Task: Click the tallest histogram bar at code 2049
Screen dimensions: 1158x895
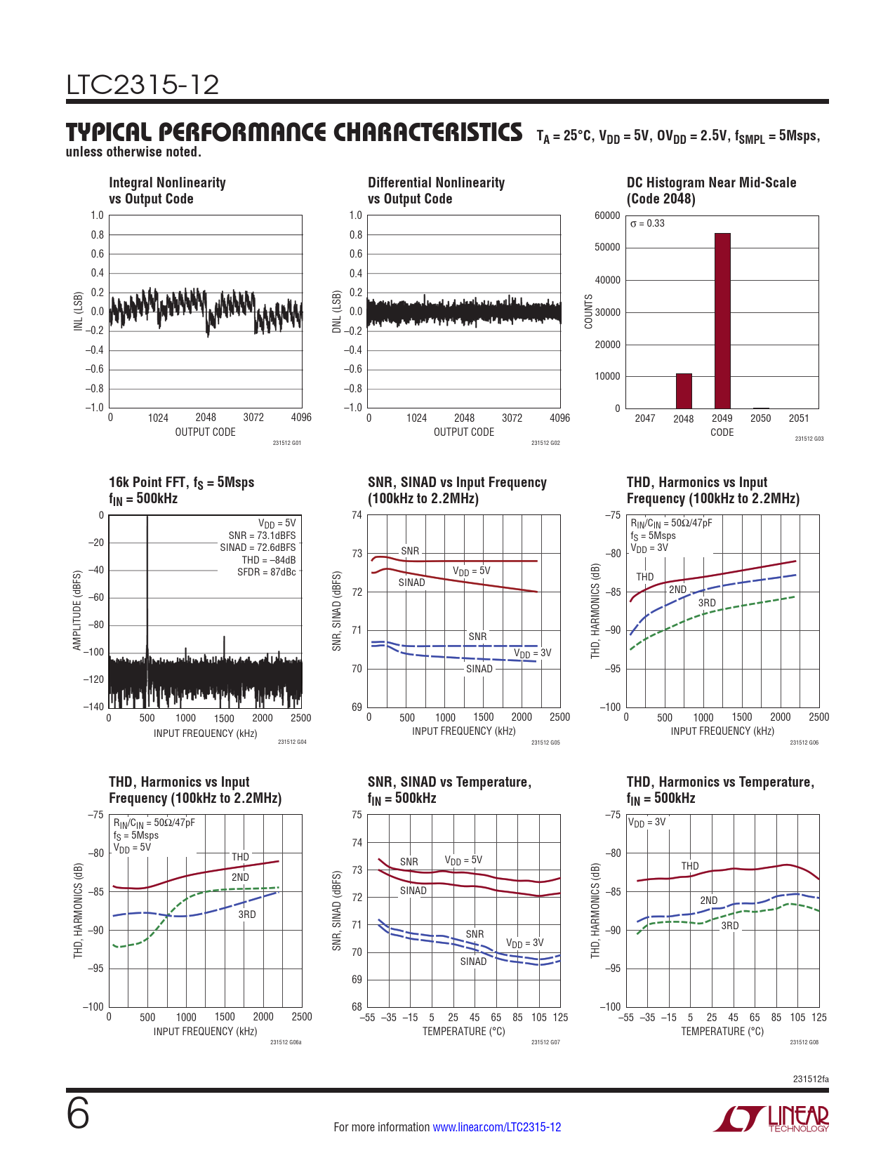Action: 722,320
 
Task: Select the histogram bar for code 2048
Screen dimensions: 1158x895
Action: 684,391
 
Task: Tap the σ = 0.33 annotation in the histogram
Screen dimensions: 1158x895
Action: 647,224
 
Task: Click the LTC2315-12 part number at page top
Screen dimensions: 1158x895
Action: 142,85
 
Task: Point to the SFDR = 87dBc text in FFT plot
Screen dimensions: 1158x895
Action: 266,572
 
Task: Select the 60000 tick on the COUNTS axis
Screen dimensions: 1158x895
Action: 607,215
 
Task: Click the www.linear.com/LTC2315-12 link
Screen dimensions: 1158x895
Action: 496,1127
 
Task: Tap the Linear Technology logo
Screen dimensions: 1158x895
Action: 771,1119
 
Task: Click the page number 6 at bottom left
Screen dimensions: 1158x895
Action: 78,1114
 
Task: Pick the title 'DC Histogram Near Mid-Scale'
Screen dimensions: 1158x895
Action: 711,182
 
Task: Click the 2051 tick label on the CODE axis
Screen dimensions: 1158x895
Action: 799,418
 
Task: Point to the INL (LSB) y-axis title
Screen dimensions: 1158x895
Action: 79,312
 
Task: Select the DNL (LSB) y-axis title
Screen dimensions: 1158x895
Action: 337,312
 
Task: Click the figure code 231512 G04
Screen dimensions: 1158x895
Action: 292,742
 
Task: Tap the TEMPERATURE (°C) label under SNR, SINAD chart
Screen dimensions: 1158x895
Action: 463,1032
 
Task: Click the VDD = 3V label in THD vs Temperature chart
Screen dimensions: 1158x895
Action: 647,822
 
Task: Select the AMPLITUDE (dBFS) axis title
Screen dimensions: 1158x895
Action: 77,611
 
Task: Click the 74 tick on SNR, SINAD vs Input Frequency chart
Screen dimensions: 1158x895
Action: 357,515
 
